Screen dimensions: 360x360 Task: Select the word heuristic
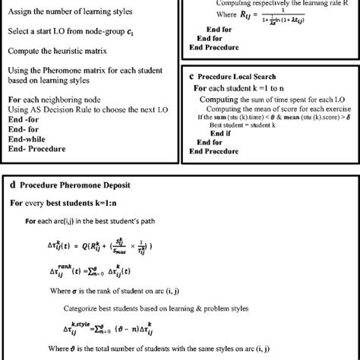[66, 51]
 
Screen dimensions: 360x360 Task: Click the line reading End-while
[27, 139]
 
